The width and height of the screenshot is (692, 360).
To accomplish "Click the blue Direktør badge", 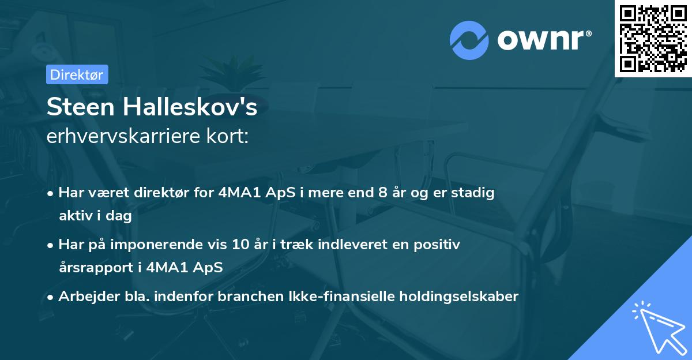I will (77, 74).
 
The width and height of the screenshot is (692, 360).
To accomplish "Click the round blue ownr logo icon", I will (470, 40).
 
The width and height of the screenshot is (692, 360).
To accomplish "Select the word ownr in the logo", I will (544, 40).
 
